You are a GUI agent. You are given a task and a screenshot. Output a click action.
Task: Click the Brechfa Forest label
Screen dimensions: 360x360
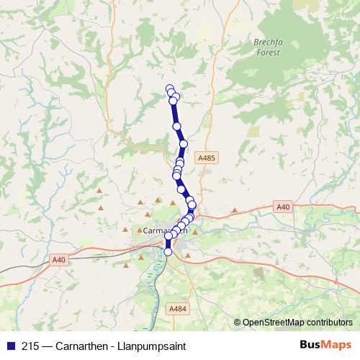pyautogui.click(x=268, y=48)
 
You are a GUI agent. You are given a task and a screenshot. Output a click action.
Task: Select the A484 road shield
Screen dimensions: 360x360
pyautogui.click(x=178, y=309)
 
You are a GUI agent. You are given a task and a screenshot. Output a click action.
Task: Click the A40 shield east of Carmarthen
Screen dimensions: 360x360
pyautogui.click(x=284, y=207)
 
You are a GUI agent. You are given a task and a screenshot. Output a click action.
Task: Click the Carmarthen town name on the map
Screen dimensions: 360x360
pyautogui.click(x=166, y=231)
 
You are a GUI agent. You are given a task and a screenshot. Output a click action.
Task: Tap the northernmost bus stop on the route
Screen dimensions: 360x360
pyautogui.click(x=170, y=89)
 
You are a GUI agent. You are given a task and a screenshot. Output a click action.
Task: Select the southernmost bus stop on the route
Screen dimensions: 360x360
pyautogui.click(x=168, y=252)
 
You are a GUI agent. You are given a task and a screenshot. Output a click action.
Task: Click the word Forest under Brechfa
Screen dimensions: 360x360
pyautogui.click(x=268, y=53)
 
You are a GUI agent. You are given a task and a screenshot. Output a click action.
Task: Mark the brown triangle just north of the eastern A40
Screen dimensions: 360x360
pyautogui.click(x=235, y=210)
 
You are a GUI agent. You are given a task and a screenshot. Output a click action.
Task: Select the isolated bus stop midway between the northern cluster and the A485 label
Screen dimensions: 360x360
pyautogui.click(x=176, y=126)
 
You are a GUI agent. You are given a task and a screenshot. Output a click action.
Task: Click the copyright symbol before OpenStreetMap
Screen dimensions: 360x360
pyautogui.click(x=238, y=323)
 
